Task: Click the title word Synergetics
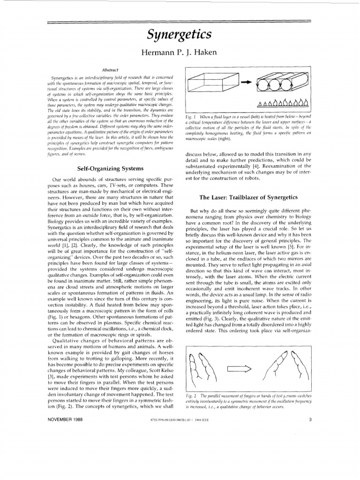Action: [180, 35]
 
